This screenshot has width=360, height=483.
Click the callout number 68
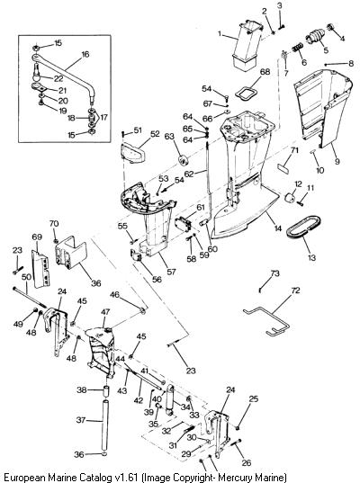click(265, 72)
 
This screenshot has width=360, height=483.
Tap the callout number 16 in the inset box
click(85, 54)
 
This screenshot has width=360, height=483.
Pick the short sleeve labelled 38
click(105, 390)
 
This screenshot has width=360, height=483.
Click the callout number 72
click(295, 291)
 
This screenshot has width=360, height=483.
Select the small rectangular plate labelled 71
click(283, 167)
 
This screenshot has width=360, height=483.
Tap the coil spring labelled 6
click(297, 48)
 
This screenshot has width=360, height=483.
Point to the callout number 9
click(337, 161)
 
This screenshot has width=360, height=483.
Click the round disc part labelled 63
click(183, 161)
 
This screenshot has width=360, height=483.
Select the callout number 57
click(171, 272)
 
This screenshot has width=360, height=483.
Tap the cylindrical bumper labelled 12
click(291, 198)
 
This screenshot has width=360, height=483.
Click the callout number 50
click(26, 277)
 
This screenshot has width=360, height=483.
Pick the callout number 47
click(105, 311)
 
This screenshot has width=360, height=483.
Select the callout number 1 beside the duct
click(220, 33)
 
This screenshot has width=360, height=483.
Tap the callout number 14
click(278, 228)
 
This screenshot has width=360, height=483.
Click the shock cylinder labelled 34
click(170, 399)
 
